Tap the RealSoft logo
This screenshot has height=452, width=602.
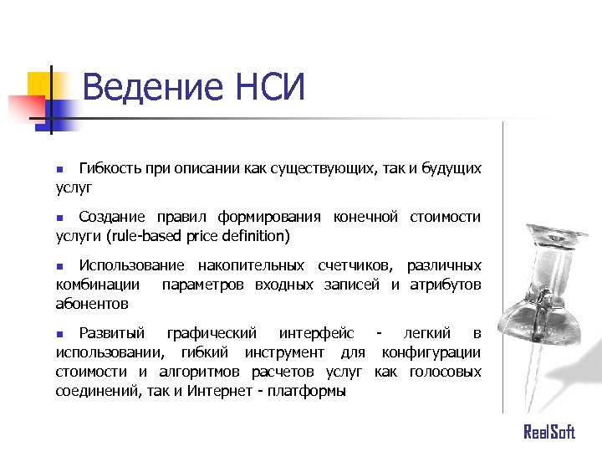[x=549, y=432]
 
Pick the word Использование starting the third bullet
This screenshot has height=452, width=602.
[x=132, y=266]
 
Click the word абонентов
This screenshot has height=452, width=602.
[x=92, y=305]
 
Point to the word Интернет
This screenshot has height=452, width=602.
[x=219, y=391]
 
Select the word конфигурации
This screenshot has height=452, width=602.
[x=431, y=352]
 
